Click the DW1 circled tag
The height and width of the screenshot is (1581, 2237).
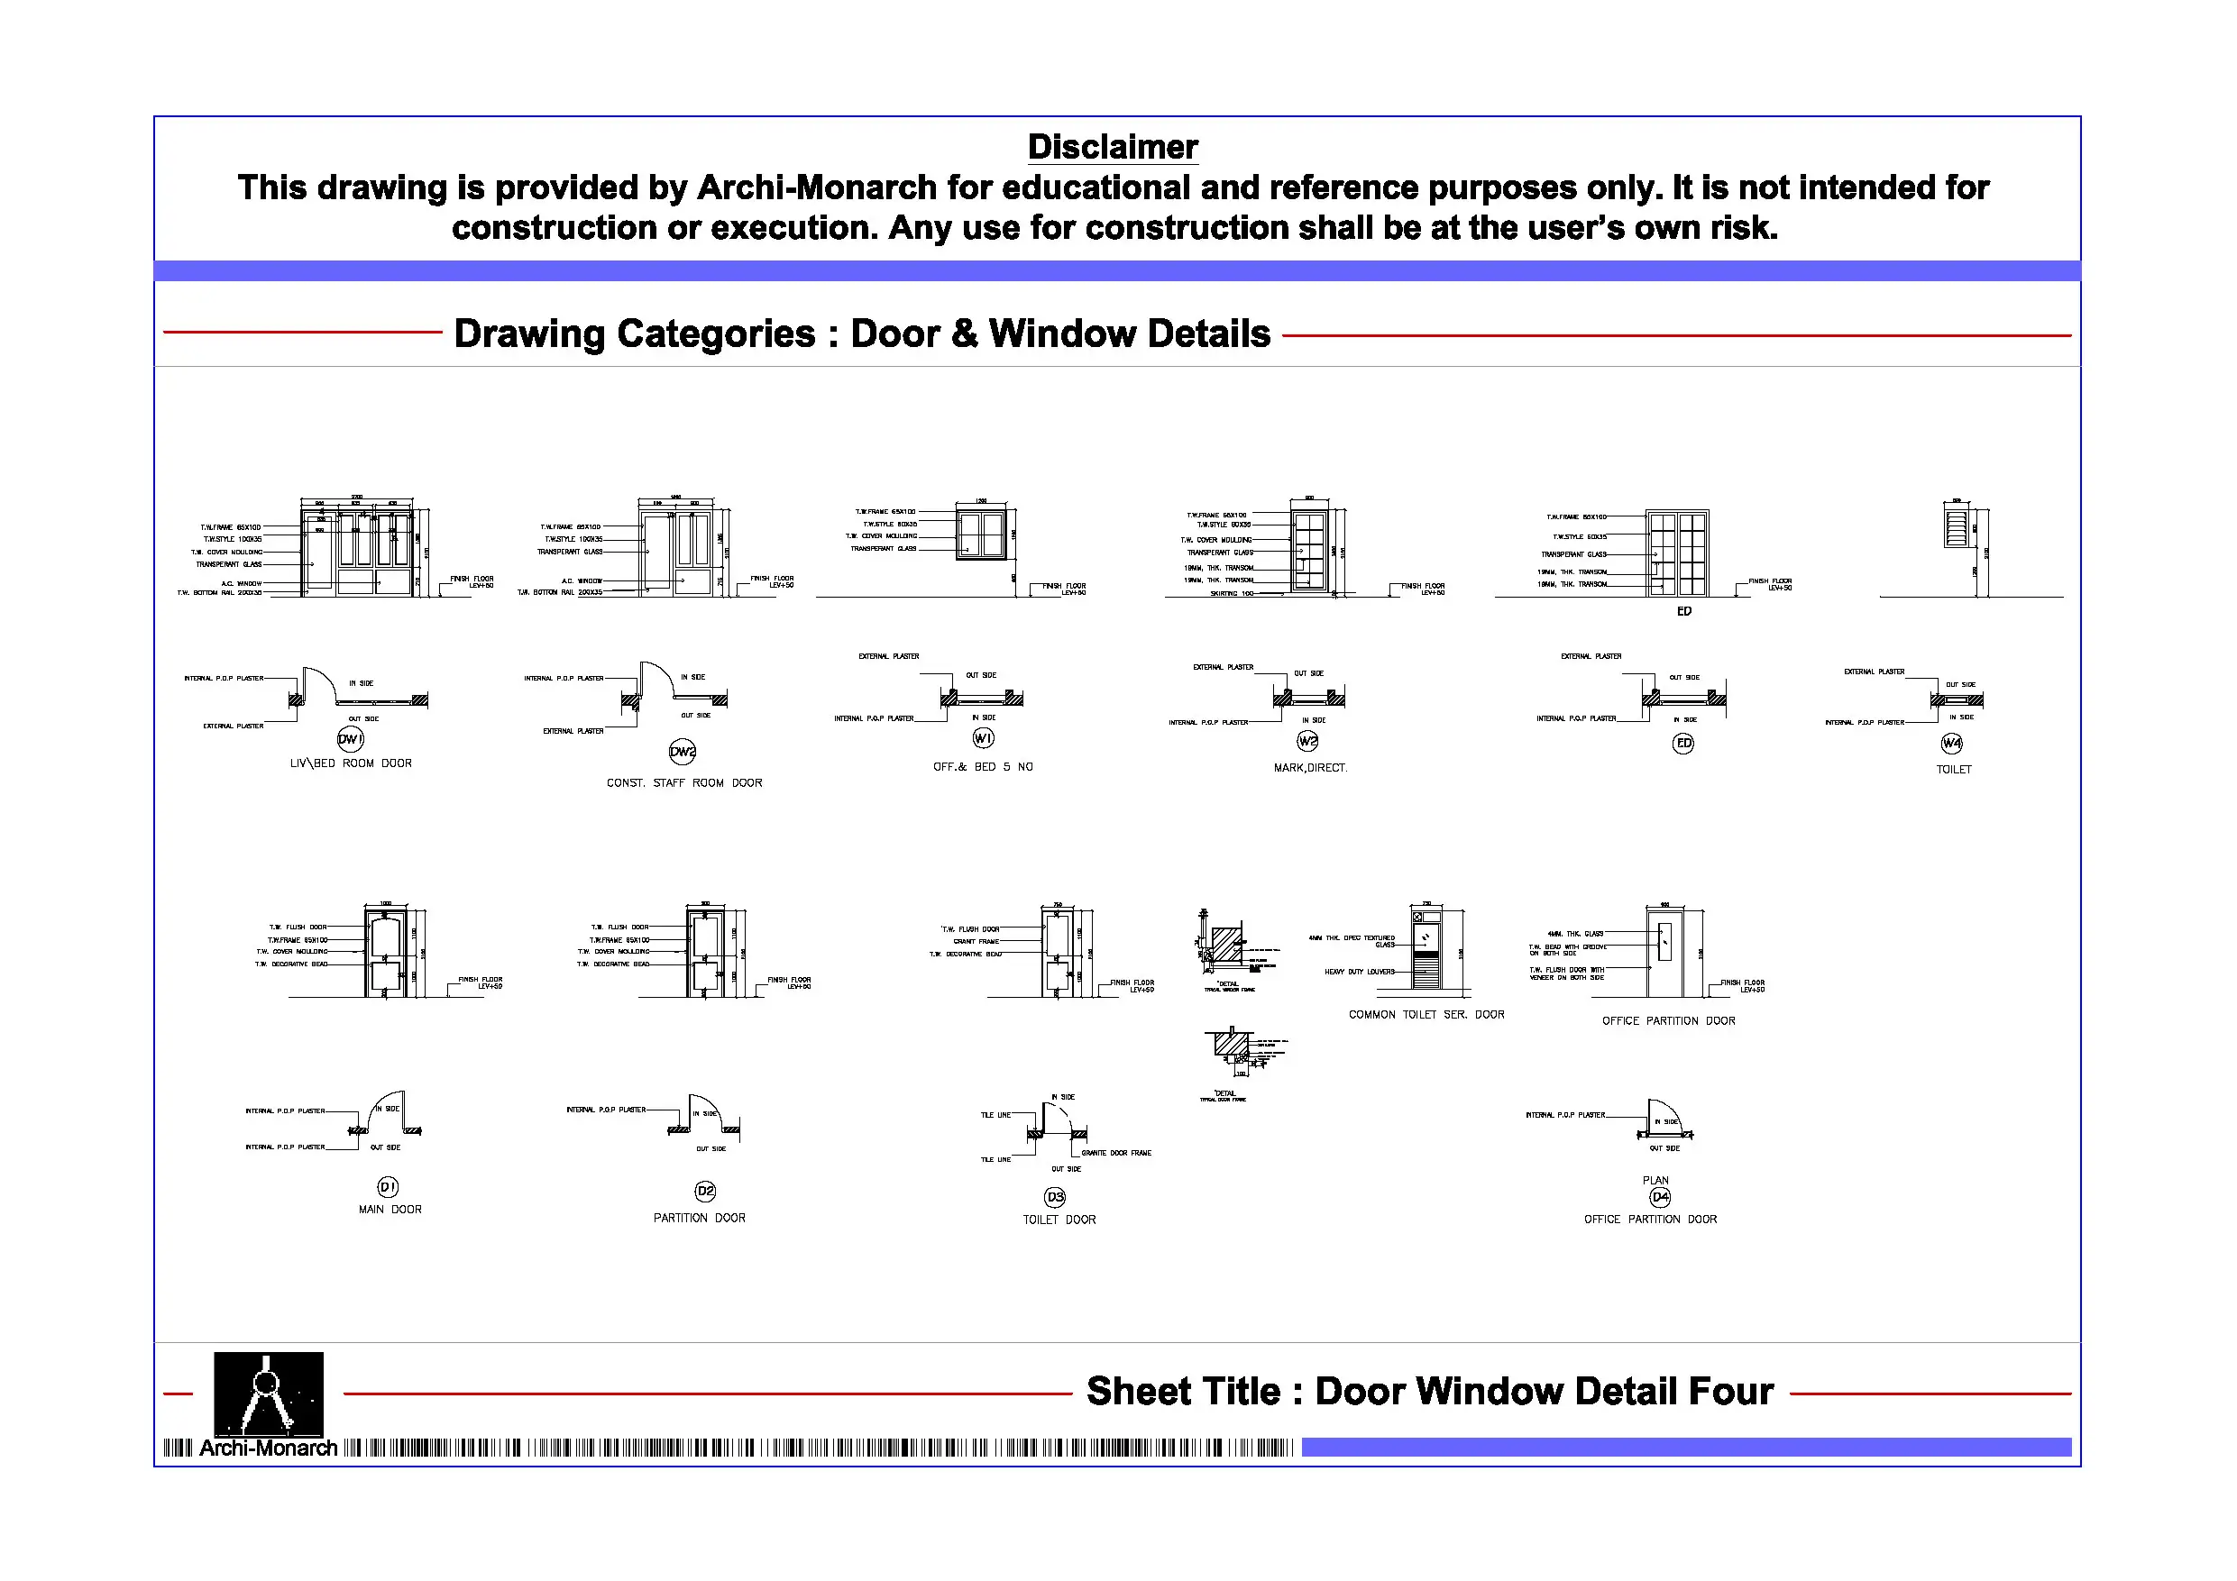(x=351, y=738)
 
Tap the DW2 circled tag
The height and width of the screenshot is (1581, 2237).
(x=683, y=751)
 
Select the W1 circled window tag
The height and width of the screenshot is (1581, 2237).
(x=983, y=738)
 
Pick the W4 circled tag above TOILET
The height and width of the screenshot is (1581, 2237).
(x=1951, y=744)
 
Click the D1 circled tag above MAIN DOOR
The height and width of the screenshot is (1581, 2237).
(x=388, y=1186)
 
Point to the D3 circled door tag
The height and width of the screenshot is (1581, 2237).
(x=1055, y=1196)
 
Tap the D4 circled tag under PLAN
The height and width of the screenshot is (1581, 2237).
(x=1660, y=1197)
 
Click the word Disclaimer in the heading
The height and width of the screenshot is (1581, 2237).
(x=1113, y=147)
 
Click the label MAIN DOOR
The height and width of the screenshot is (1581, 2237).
(x=390, y=1210)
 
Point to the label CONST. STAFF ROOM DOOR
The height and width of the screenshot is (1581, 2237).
(x=684, y=783)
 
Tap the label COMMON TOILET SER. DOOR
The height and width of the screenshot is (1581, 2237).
(x=1426, y=1015)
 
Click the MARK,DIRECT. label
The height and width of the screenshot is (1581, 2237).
(x=1310, y=769)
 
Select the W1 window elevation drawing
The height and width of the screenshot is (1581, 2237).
(x=981, y=534)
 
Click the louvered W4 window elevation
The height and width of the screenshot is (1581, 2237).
(x=1957, y=526)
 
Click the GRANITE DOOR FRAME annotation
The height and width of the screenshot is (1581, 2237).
(x=1116, y=1154)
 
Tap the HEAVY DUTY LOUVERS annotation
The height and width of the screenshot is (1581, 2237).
(x=1359, y=973)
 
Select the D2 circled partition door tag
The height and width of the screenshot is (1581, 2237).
(x=705, y=1192)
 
